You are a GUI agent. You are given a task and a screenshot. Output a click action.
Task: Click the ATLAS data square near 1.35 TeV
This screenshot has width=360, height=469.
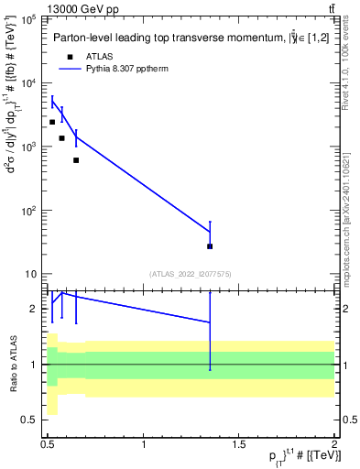pyautogui.click(x=211, y=246)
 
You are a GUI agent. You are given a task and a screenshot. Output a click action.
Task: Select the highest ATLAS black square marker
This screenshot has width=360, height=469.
pyautogui.click(x=52, y=122)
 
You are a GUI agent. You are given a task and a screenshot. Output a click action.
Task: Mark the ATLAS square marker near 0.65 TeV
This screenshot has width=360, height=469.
pyautogui.click(x=76, y=160)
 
